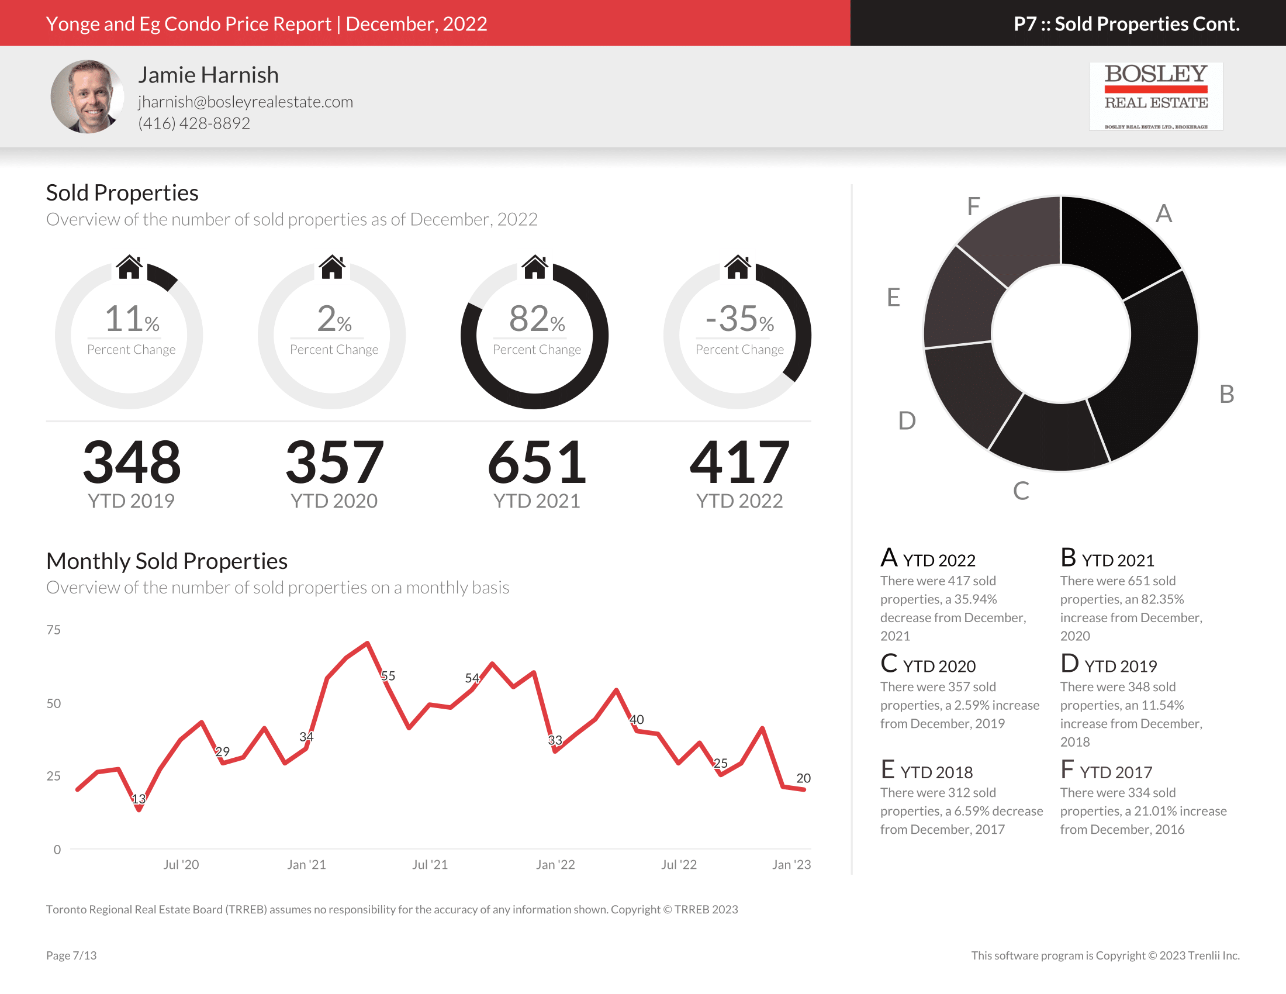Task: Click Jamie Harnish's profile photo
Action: [87, 96]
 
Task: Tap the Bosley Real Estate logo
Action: [1155, 96]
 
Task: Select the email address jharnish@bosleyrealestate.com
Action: [246, 102]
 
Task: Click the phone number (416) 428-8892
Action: [193, 123]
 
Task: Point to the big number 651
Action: [537, 463]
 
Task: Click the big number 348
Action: [132, 463]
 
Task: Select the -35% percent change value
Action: [739, 319]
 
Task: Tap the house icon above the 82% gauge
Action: [535, 267]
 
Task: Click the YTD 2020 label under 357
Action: [334, 501]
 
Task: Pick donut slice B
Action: [1154, 365]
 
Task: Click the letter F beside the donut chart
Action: [973, 206]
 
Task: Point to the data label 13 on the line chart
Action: [139, 799]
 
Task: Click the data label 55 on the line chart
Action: [388, 675]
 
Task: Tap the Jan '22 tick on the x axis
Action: [555, 864]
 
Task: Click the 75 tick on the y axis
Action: [54, 630]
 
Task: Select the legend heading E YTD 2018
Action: [927, 771]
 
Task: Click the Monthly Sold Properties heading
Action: [167, 561]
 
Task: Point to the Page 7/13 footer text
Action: [71, 955]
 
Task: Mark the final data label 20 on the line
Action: [803, 778]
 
